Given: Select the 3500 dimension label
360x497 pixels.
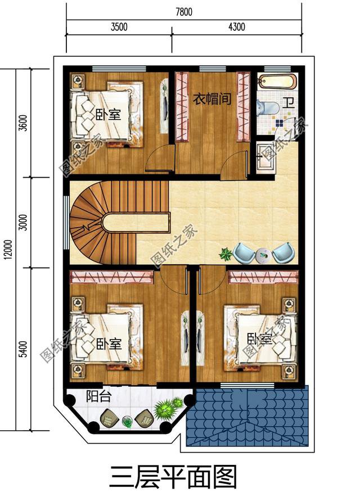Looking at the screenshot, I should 119,27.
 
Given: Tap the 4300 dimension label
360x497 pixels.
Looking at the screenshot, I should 236,27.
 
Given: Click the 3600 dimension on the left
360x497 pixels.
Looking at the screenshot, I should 23,122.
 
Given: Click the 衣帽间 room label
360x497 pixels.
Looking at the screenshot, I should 212,100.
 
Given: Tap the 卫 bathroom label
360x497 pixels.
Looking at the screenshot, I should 288,103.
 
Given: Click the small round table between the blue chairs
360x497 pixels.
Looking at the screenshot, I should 262,255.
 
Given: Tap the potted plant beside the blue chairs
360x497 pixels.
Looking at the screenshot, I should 226,254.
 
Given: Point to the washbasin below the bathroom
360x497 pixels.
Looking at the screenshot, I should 264,155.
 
